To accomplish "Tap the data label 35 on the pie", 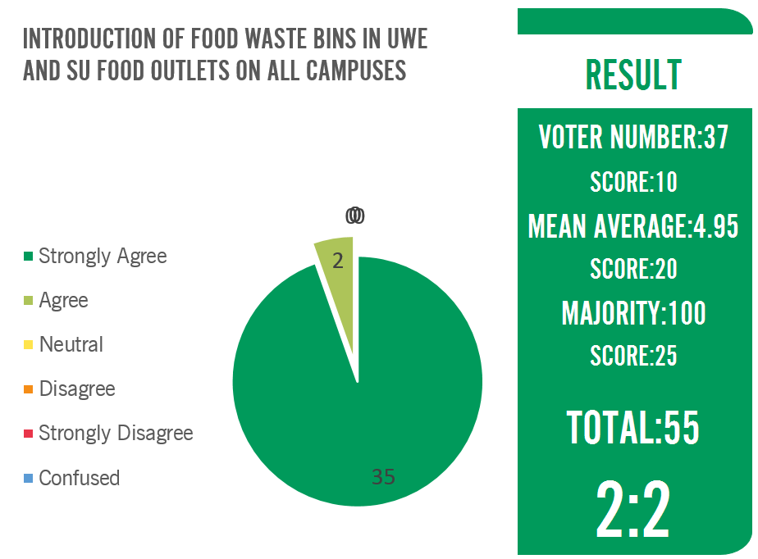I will (x=383, y=477).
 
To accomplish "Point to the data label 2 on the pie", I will (x=337, y=261).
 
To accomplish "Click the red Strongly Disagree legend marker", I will (x=28, y=434).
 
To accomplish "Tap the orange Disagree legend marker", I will (x=28, y=389).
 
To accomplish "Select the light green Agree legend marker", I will (x=28, y=301).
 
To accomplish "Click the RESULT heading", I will (x=633, y=75).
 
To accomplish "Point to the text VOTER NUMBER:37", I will (x=633, y=138).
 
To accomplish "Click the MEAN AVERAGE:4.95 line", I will (x=633, y=226).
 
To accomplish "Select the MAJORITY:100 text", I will (x=633, y=313).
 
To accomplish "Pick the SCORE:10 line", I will (x=633, y=182).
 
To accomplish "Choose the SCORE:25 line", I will (x=633, y=356).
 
